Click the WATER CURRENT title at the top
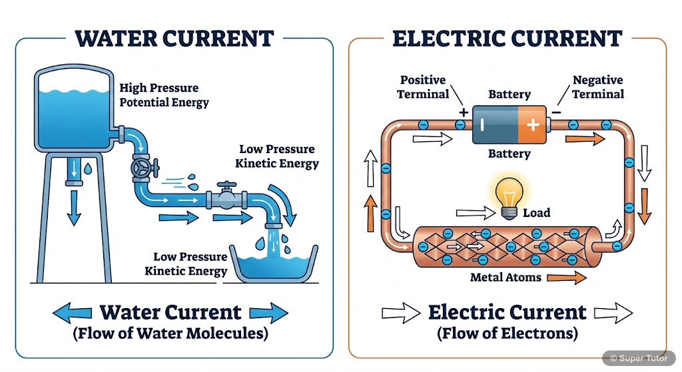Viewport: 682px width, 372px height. pos(174,38)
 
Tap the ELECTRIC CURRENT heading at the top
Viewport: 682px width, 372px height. pos(508,38)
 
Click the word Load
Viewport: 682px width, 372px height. pos(537,213)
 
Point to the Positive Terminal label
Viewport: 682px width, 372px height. pos(423,87)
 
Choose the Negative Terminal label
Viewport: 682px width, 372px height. pos(598,87)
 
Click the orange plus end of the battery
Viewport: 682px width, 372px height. pos(532,124)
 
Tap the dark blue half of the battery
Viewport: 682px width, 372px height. pos(495,124)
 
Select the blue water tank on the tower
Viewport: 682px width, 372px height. pos(74,113)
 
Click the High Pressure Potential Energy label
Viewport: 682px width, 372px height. pos(164,95)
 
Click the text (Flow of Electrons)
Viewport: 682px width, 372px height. pos(507,333)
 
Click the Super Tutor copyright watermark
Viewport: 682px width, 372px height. pos(641,358)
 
